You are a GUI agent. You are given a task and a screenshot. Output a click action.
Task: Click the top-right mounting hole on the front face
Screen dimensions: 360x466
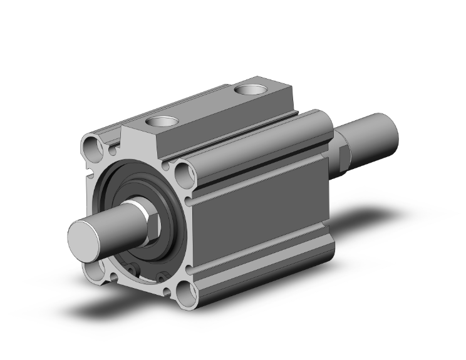tap(182, 172)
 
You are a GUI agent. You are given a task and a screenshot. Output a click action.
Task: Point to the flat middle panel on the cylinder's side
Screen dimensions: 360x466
tap(263, 213)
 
